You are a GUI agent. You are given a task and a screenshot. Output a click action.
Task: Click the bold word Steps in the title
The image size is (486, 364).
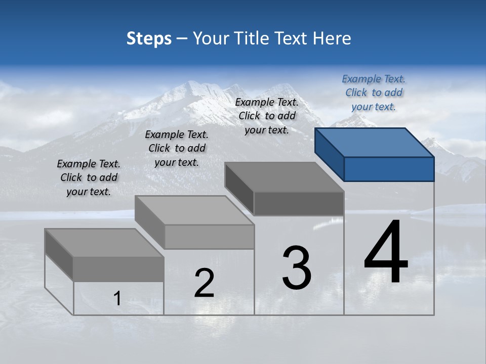click(x=149, y=38)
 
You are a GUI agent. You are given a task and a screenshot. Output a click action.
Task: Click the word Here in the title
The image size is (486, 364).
click(x=332, y=38)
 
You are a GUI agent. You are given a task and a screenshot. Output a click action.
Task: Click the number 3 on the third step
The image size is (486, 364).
click(x=297, y=268)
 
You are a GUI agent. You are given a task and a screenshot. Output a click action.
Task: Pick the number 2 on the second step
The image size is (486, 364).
click(x=204, y=283)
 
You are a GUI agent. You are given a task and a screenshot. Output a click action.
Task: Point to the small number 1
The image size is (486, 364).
click(x=117, y=299)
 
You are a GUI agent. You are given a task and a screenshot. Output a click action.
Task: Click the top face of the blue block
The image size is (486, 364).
click(x=374, y=143)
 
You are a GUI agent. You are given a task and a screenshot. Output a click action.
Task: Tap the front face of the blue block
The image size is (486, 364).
click(x=389, y=169)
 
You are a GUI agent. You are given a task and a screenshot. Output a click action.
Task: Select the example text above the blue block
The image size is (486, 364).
click(x=374, y=93)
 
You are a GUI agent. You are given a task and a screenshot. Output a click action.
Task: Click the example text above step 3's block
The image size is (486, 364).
click(x=267, y=116)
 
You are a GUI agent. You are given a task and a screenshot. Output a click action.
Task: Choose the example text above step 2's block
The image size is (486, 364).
click(x=177, y=148)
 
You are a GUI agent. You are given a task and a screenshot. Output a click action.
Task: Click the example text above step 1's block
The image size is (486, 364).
click(x=89, y=177)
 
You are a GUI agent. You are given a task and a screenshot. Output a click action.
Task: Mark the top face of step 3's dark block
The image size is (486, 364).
click(x=283, y=177)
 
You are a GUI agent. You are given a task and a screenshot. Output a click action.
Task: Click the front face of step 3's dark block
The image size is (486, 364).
click(x=299, y=204)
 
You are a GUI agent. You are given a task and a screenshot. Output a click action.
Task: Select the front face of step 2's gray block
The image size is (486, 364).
click(x=209, y=237)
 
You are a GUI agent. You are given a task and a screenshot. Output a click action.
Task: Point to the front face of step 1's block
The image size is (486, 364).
click(x=118, y=269)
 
